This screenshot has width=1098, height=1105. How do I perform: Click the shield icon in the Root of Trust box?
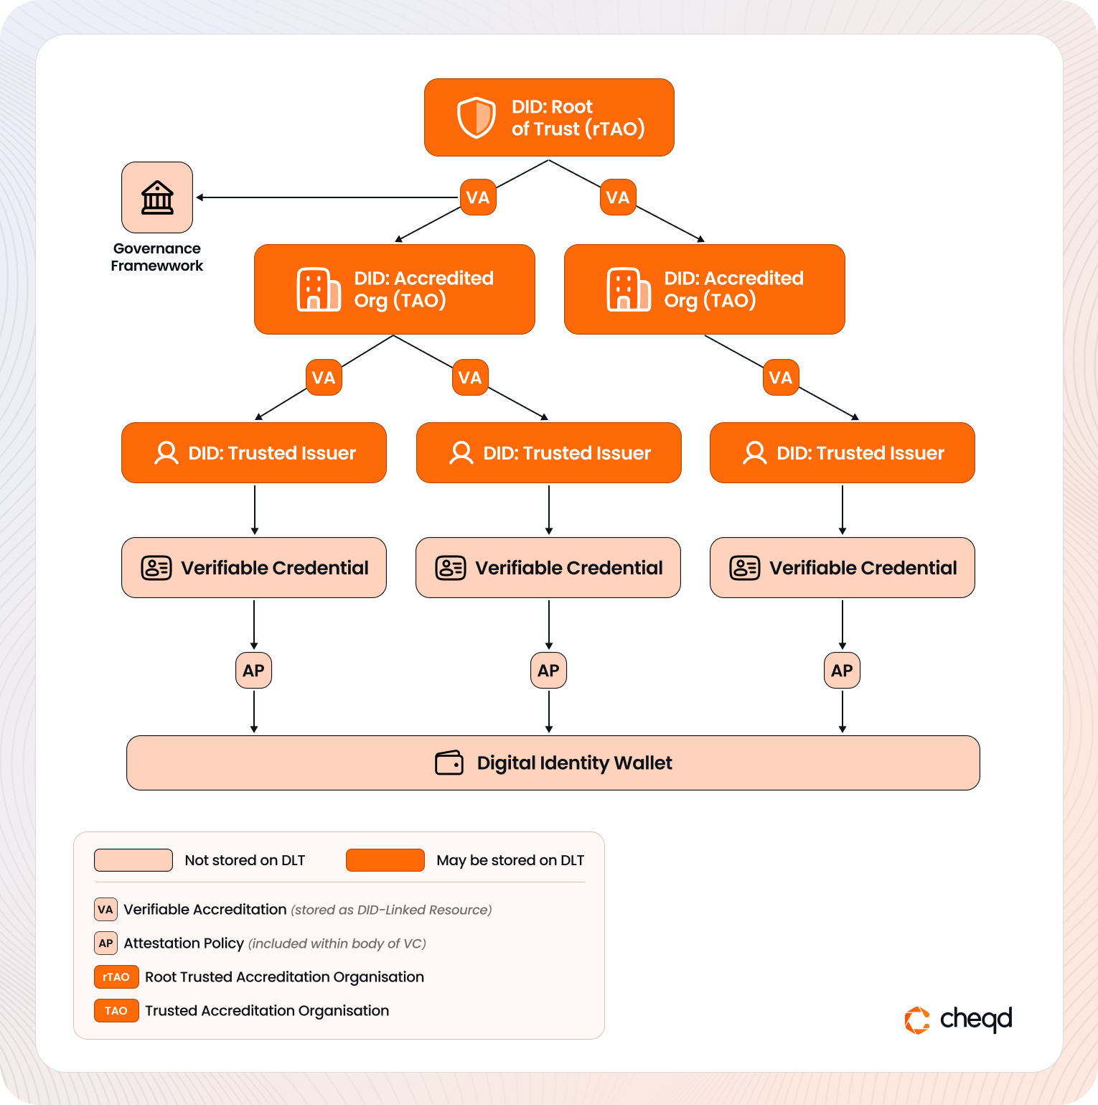(x=477, y=118)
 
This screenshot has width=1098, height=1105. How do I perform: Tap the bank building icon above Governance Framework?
(x=157, y=197)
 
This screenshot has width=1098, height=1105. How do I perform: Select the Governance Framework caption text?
(x=157, y=257)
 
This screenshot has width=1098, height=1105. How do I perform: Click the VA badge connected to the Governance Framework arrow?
(x=478, y=197)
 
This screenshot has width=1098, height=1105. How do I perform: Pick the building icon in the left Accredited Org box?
(x=319, y=289)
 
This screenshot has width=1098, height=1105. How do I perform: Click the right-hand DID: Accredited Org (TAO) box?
(x=704, y=289)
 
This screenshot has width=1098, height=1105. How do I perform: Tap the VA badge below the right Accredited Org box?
(x=781, y=378)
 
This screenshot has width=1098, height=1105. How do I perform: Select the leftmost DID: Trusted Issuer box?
(x=254, y=453)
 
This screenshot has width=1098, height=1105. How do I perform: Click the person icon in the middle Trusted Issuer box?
(x=461, y=453)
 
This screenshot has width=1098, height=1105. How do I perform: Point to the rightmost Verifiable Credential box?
(x=843, y=568)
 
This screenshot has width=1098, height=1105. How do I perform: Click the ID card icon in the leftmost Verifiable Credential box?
(x=156, y=568)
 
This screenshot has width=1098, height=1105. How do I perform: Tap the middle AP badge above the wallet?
(x=549, y=671)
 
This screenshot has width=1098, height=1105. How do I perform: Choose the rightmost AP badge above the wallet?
(x=843, y=671)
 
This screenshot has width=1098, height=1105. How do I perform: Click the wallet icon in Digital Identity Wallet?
(x=449, y=763)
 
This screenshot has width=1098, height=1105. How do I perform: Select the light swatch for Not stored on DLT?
(x=133, y=860)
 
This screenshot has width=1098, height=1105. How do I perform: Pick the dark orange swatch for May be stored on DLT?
(x=385, y=860)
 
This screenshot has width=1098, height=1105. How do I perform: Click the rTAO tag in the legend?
(x=116, y=977)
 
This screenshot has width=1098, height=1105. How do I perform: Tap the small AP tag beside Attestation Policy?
(x=105, y=943)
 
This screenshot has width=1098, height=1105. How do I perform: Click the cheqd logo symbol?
(x=917, y=1020)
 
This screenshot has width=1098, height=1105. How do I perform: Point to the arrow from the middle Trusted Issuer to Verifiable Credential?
(x=549, y=510)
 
